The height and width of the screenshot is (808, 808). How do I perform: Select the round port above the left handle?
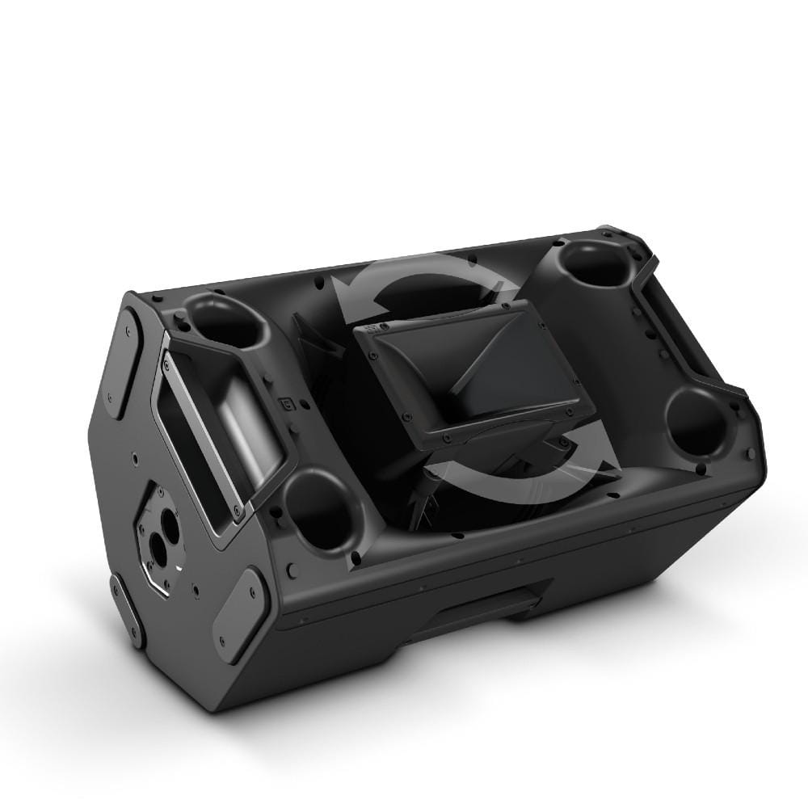[222, 320]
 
